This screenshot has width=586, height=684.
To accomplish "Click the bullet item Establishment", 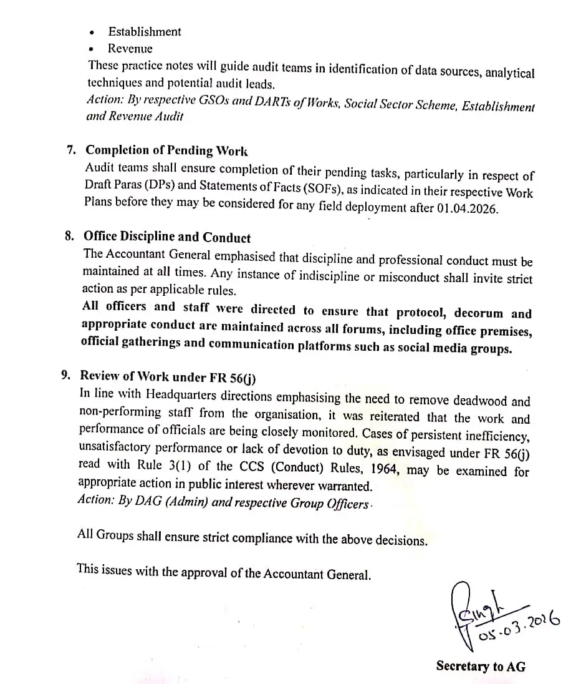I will click(144, 31).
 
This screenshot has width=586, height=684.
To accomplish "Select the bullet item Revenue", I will click(130, 48).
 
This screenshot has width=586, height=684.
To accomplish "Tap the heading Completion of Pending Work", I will click(166, 150).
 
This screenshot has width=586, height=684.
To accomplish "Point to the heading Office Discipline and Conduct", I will click(166, 238).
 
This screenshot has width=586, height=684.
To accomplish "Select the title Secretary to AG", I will click(480, 667).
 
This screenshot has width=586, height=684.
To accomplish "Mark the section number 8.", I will click(69, 237).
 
